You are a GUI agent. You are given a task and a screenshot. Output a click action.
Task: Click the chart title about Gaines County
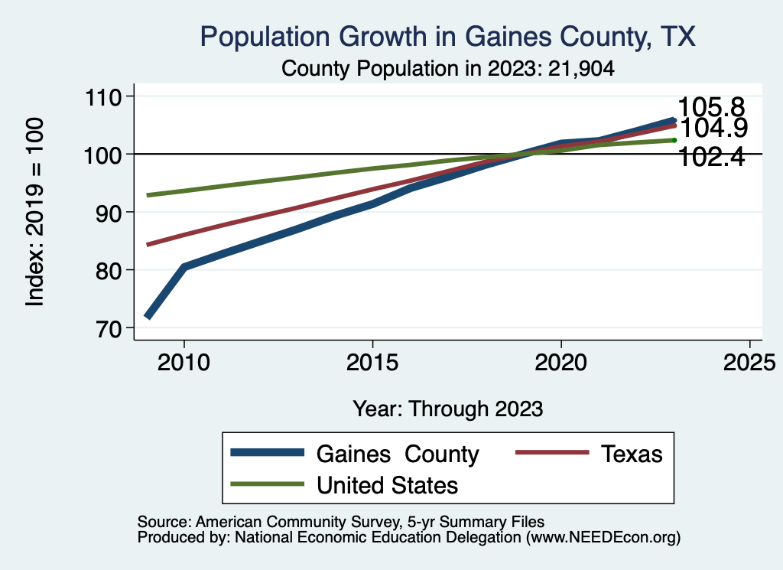447,37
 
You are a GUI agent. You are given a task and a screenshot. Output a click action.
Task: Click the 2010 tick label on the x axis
184,361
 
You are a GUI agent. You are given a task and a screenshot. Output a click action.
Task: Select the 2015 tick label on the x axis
372,361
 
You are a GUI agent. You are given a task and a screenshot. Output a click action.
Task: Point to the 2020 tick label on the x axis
561,361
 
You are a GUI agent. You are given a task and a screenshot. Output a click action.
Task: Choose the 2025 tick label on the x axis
749,361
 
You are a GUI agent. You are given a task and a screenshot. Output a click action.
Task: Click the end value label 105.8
711,108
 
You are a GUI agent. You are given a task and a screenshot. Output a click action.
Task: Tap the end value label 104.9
713,127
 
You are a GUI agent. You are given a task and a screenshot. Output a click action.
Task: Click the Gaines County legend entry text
398,454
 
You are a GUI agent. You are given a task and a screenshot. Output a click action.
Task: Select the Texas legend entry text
631,454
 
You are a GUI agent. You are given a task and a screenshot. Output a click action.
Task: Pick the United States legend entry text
387,484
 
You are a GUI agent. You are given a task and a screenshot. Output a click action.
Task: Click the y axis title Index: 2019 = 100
35,212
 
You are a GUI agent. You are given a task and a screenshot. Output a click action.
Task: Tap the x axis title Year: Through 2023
448,409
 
